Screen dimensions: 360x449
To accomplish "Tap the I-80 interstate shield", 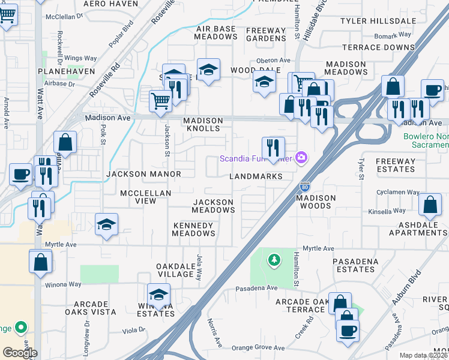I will click(x=305, y=187).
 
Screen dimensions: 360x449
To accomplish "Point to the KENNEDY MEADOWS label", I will click(x=193, y=230).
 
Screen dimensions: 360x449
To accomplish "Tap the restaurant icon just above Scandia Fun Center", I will click(x=273, y=147).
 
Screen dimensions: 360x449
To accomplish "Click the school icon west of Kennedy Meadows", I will click(x=107, y=224).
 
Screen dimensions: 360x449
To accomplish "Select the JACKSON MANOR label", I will click(x=143, y=174).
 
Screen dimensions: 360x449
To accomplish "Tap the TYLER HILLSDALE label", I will click(x=378, y=21).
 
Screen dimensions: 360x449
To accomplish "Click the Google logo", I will click(x=20, y=352).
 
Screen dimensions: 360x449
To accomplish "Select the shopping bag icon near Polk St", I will click(x=65, y=142).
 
